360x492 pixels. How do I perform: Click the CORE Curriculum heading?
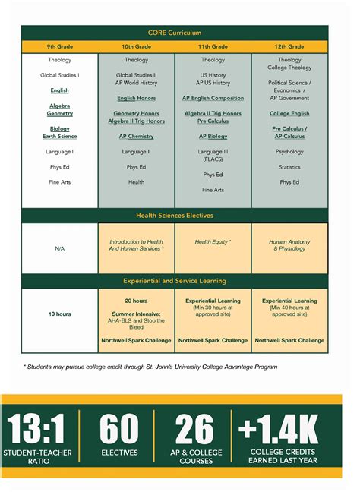coord(175,33)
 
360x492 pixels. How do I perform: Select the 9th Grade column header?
coord(59,46)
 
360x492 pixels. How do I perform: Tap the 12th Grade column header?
coord(289,46)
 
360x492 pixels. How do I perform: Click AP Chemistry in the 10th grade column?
coord(136,137)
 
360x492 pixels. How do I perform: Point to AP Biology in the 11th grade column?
coord(213,137)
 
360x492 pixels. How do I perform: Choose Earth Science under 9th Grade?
coord(59,137)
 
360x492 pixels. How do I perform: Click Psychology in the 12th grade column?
coord(289,152)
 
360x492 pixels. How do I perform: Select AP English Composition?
coord(213,98)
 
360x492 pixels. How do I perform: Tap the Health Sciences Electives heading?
coord(175,216)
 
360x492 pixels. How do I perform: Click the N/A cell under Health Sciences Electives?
coord(59,248)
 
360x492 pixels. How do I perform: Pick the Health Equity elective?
coord(213,242)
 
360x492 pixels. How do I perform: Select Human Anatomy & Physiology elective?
coord(289,245)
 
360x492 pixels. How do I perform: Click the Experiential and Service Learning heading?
coord(175,281)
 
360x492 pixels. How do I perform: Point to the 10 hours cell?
coord(59,314)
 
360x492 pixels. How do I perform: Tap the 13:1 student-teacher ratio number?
coord(37,430)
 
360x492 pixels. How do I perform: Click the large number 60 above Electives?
coord(119,430)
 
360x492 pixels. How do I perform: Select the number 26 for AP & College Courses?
coord(194,430)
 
